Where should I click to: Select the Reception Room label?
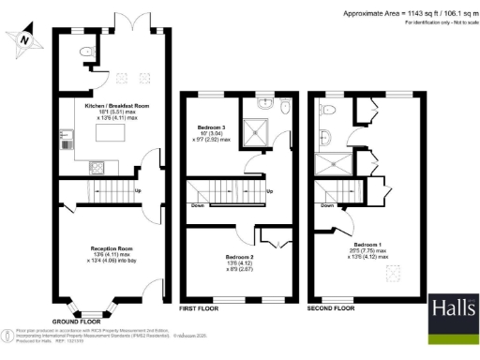click(111, 247)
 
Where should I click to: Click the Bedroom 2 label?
click(240, 256)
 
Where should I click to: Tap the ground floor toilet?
click(86, 52)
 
